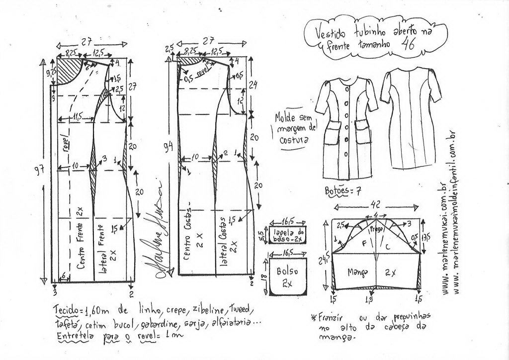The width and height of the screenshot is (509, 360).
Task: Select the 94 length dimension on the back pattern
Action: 170,147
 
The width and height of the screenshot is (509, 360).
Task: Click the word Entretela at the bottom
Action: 71,336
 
